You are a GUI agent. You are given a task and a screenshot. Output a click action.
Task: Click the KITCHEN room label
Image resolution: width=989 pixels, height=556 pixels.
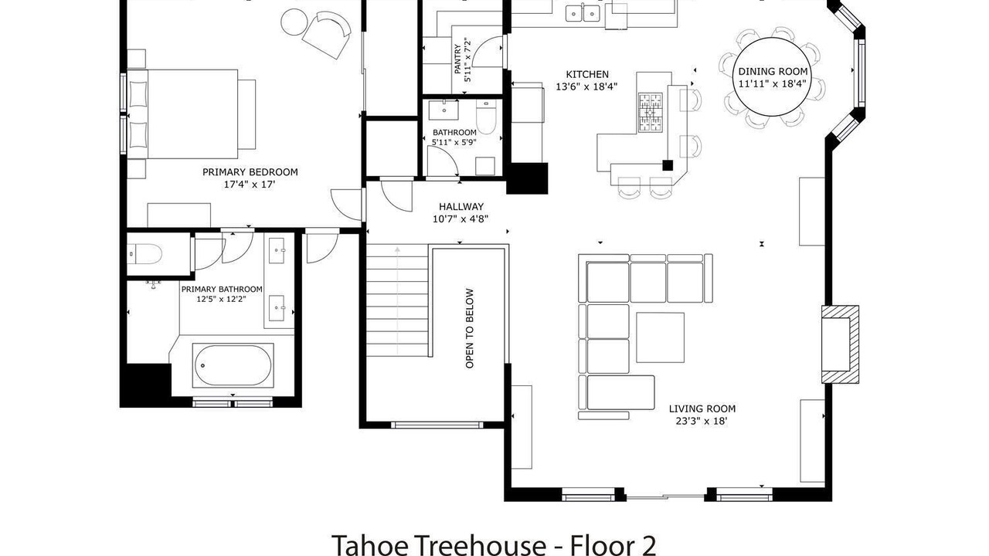pos(586,74)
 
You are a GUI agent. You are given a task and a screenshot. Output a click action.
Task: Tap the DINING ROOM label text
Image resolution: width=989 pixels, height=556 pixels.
pos(773,72)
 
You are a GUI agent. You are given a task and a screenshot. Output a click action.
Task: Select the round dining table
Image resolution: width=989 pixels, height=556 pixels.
pos(773,76)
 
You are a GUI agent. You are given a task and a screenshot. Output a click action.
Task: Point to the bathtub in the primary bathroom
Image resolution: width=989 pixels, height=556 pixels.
pos(233,365)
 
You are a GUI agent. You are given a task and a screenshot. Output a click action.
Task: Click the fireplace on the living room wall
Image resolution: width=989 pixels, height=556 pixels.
pos(840,344)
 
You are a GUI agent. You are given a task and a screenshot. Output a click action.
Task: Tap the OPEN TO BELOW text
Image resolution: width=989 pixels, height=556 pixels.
pos(469,328)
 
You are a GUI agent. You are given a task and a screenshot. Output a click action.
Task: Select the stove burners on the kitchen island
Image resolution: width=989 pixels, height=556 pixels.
pos(651,113)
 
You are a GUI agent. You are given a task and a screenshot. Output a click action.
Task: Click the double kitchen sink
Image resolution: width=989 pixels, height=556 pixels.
pos(583,13)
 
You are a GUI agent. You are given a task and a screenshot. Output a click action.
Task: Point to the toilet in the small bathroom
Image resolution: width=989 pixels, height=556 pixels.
pos(486,117)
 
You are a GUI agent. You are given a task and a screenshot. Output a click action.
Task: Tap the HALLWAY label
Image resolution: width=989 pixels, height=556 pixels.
pos(461,206)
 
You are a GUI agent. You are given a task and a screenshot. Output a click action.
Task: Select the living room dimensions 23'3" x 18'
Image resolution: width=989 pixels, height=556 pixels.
pos(701,421)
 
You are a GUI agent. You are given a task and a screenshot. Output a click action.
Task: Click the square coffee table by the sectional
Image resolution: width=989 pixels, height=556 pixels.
pos(660,337)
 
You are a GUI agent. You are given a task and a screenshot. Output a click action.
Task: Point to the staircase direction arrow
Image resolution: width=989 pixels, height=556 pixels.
pos(397,301)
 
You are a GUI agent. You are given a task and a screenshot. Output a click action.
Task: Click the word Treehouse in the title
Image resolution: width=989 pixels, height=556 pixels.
pos(483,545)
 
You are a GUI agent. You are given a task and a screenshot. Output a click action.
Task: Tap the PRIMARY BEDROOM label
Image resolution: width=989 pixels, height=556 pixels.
pos(250,172)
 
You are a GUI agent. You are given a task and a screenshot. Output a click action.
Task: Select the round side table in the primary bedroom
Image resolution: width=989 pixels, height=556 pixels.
pos(294,22)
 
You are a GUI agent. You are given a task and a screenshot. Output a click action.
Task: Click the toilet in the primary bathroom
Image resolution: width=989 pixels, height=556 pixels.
pos(144,254)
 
